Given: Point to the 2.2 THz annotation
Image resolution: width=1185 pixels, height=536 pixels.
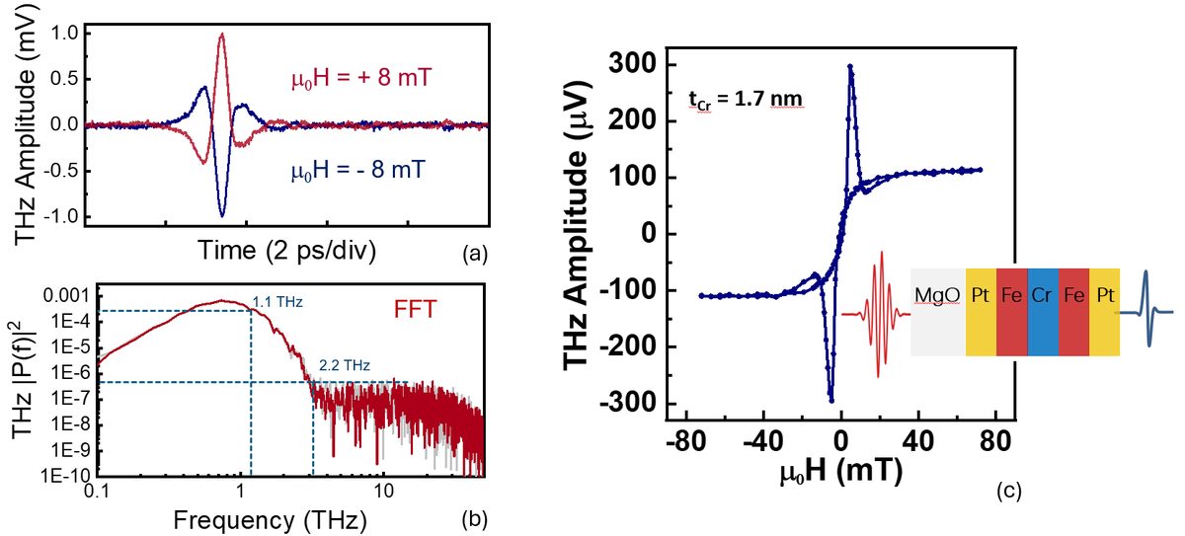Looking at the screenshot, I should coord(346,365).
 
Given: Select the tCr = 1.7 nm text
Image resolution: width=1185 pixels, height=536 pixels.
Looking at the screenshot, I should coord(745,98).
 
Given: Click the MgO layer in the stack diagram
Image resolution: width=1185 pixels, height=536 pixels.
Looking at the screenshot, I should coord(937,312).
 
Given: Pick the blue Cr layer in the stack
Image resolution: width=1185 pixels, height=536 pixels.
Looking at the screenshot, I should coord(1043,312).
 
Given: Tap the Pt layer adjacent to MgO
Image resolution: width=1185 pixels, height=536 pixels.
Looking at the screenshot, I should coord(982,312).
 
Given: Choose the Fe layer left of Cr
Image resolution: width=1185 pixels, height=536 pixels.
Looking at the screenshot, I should coord(1012,312).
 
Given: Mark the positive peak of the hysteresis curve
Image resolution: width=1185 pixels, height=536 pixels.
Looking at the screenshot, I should coord(850,67).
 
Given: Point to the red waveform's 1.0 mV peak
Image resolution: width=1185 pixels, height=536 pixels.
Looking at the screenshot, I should coord(223,35).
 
